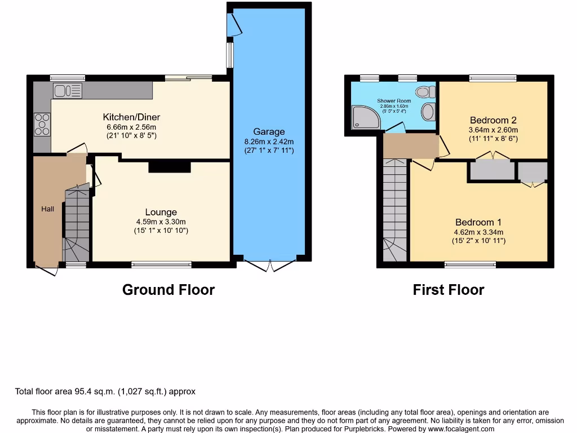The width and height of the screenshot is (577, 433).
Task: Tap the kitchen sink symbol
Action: pyautogui.click(x=68, y=90)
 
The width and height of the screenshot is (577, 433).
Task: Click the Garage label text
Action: pyautogui.click(x=269, y=132)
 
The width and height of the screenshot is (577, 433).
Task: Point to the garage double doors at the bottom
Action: pyautogui.click(x=270, y=265)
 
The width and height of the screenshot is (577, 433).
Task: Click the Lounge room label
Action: pyautogui.click(x=161, y=212)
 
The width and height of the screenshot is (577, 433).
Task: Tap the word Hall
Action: pyautogui.click(x=47, y=209)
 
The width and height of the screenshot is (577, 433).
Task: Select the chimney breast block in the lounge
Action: pyautogui.click(x=170, y=167)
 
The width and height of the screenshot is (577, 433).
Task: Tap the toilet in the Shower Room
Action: pyautogui.click(x=425, y=91)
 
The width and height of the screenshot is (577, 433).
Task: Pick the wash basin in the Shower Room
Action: pyautogui.click(x=428, y=111)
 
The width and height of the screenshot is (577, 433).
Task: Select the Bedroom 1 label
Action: pyautogui.click(x=478, y=222)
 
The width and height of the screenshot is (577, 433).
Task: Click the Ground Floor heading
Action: pyautogui.click(x=168, y=290)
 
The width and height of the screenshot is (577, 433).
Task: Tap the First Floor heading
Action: pyautogui.click(x=448, y=290)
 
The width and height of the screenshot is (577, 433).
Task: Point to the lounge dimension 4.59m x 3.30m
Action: pyautogui.click(x=161, y=222)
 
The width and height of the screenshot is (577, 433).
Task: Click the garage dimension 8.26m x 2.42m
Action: pyautogui.click(x=269, y=142)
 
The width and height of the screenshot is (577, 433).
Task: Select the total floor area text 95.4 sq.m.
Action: pyautogui.click(x=105, y=391)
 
